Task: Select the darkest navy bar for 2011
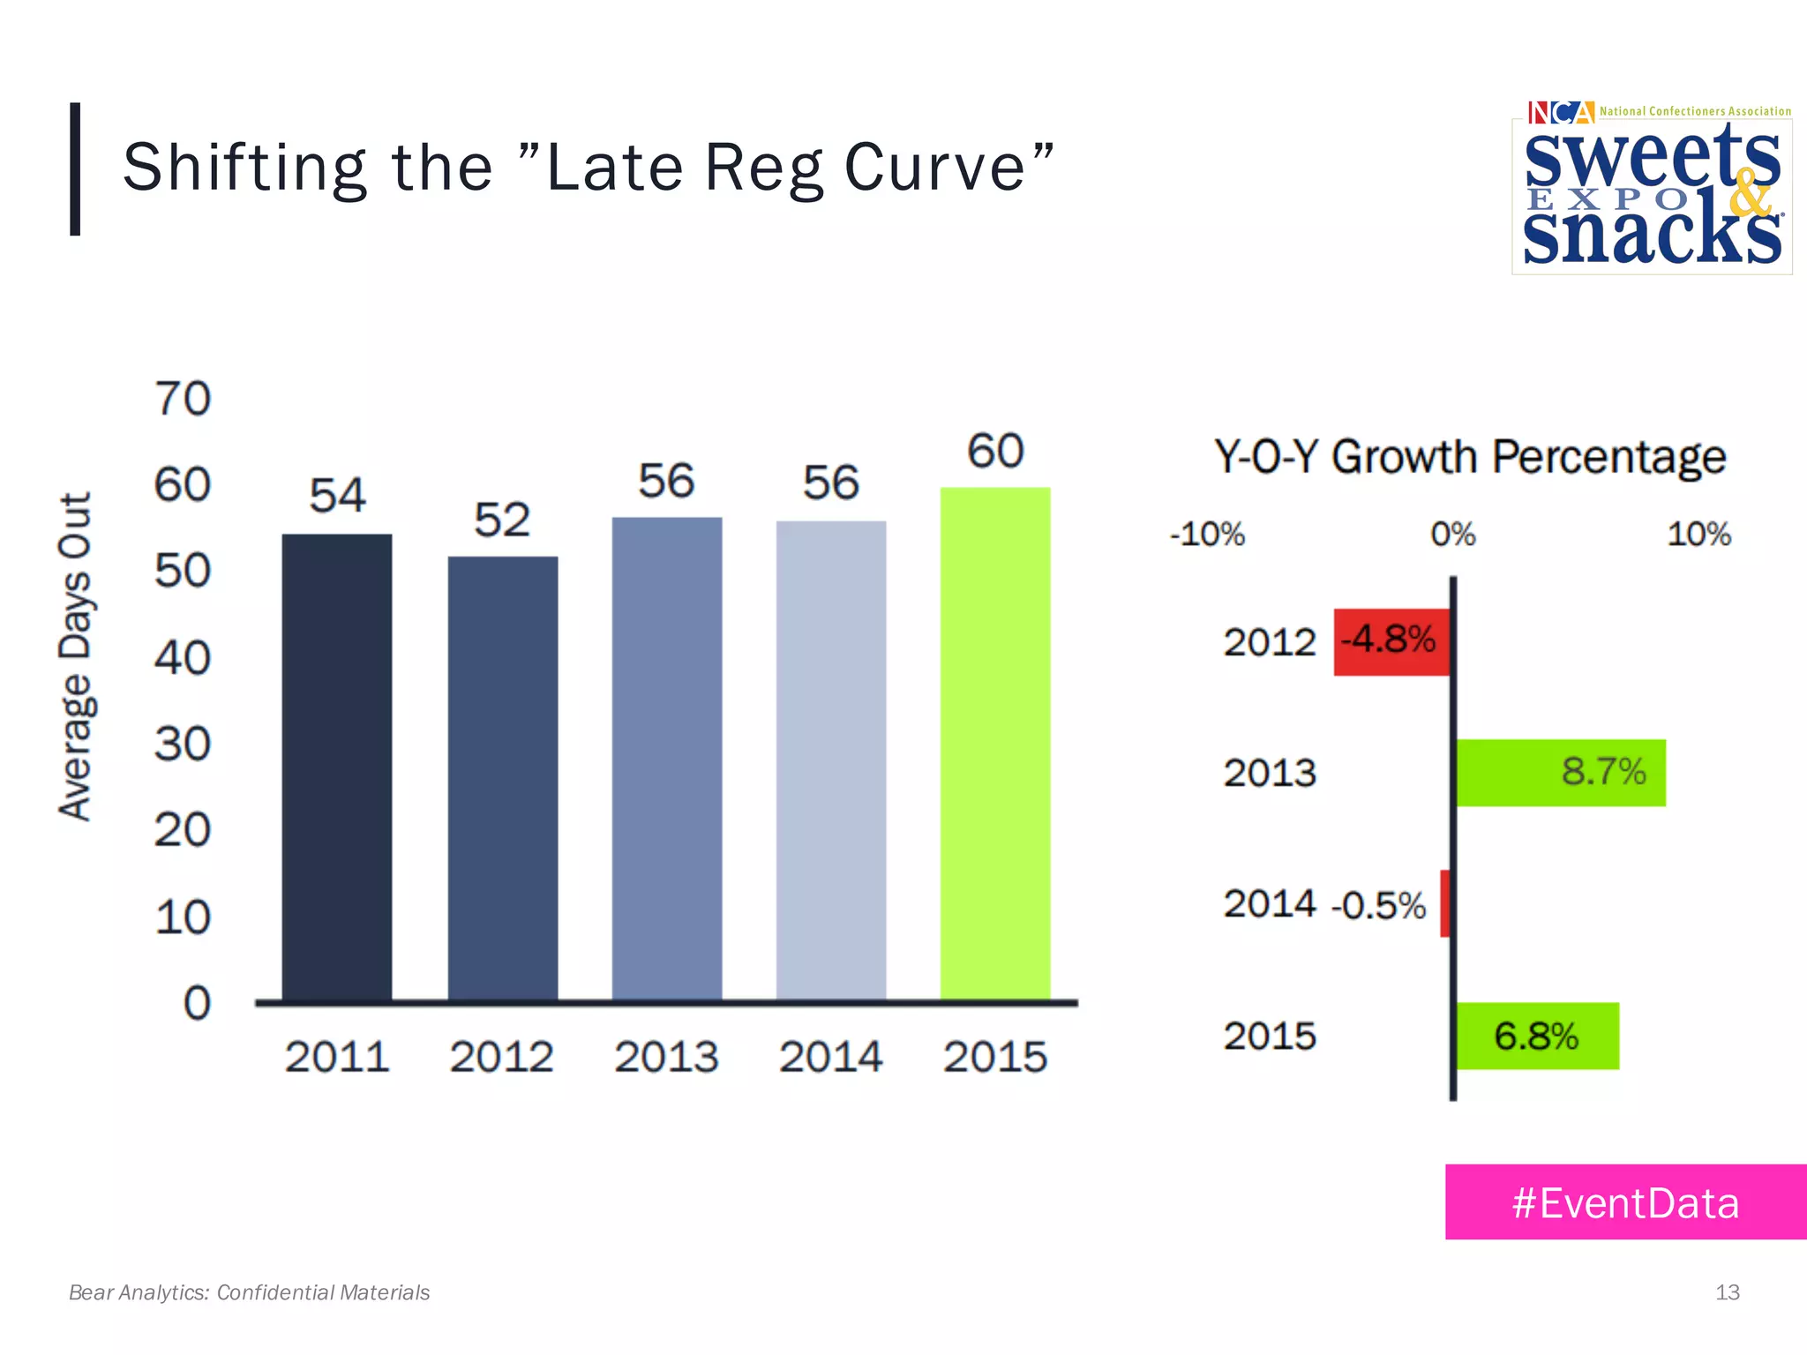(336, 767)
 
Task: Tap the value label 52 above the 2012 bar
(502, 520)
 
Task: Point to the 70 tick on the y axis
(183, 399)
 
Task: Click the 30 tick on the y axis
(183, 744)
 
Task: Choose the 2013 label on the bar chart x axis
(666, 1057)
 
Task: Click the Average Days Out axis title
(76, 657)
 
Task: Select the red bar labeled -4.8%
(1391, 641)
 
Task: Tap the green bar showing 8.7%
(1560, 773)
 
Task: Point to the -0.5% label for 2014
(1378, 906)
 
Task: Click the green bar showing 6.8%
(1537, 1036)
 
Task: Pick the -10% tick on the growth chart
(1206, 535)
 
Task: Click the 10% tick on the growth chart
(1698, 535)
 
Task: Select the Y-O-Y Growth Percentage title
(1469, 457)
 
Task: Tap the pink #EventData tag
(1625, 1202)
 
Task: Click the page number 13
(1727, 1292)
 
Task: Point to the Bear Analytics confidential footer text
(250, 1292)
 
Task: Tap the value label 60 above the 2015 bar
(995, 451)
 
